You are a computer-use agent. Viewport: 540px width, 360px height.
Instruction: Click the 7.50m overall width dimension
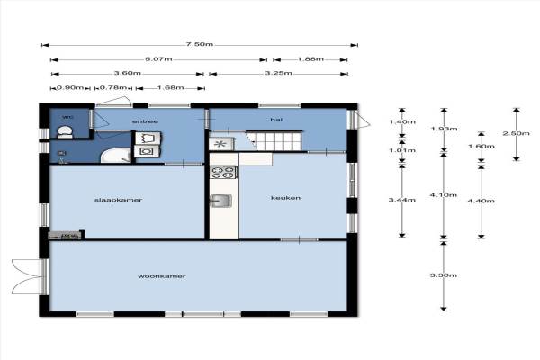click(200, 44)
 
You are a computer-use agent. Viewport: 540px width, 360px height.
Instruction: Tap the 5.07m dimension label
click(158, 59)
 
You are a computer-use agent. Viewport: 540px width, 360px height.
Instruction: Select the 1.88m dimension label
click(310, 59)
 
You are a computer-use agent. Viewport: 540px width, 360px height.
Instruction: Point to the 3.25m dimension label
click(279, 73)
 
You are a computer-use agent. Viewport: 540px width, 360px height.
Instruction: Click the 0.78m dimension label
click(113, 88)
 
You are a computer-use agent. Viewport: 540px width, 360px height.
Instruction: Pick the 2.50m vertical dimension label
click(516, 133)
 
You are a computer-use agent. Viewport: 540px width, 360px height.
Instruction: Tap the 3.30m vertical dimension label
click(444, 274)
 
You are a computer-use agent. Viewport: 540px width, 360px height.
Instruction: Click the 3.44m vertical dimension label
click(402, 200)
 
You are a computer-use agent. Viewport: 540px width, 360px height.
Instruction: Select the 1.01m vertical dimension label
click(402, 150)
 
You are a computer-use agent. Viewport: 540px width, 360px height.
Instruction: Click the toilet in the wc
click(65, 132)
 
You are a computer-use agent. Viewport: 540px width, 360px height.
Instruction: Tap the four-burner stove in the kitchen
click(223, 172)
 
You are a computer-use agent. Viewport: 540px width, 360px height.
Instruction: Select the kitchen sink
click(220, 201)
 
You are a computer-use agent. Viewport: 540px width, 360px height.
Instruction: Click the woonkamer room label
click(162, 276)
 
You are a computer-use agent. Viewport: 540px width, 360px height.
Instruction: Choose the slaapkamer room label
click(118, 200)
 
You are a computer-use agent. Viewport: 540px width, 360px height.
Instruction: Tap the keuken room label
click(286, 198)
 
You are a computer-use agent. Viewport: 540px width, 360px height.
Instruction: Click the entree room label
click(145, 121)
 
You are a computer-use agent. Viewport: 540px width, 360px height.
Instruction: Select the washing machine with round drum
click(147, 151)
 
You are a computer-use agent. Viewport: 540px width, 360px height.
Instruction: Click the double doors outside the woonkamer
click(28, 276)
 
